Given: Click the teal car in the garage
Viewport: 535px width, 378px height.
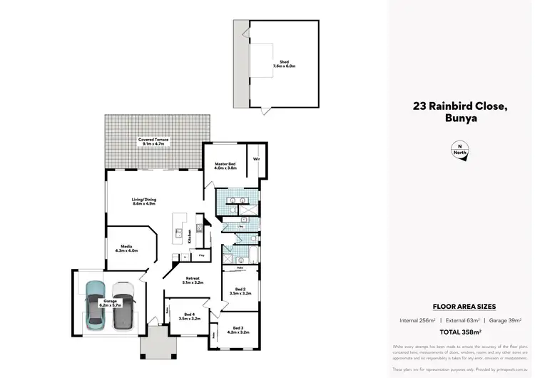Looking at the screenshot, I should (x=96, y=305).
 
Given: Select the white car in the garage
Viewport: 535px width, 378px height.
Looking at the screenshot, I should (x=122, y=305).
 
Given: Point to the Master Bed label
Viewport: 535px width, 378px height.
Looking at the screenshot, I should (x=225, y=166).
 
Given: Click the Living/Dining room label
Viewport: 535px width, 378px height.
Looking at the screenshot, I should (x=144, y=202).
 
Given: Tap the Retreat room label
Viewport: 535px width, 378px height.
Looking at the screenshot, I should (x=193, y=280).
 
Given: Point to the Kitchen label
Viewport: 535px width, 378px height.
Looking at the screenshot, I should (x=189, y=236).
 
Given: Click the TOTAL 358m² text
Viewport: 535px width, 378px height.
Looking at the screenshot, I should (x=460, y=332).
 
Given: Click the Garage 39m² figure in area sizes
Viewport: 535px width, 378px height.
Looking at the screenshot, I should (x=502, y=320).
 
